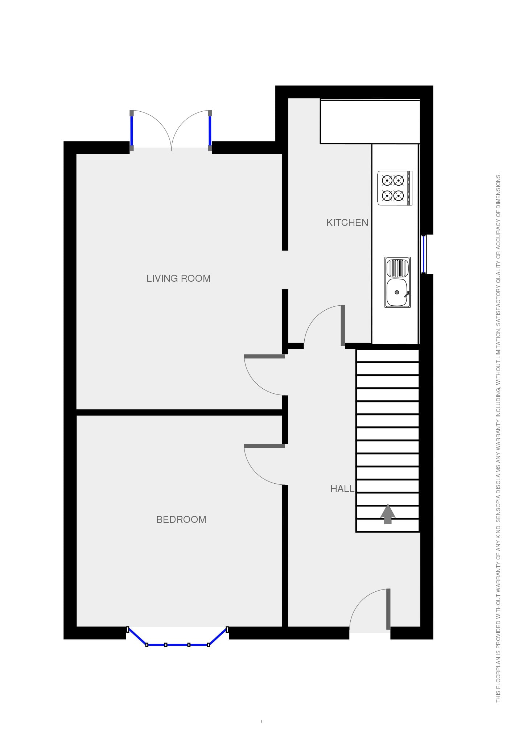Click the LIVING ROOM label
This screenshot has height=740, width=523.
pyautogui.click(x=178, y=278)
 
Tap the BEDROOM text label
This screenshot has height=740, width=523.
pyautogui.click(x=181, y=520)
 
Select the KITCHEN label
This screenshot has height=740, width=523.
pyautogui.click(x=347, y=223)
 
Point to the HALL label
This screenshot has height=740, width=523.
pyautogui.click(x=342, y=489)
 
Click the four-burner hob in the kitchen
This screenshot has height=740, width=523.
pyautogui.click(x=395, y=188)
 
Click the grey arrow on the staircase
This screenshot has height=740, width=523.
pyautogui.click(x=388, y=514)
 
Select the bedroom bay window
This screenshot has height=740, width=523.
pyautogui.click(x=177, y=645)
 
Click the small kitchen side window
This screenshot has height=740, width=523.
pyautogui.click(x=423, y=254)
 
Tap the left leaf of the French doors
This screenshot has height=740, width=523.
pyautogui.click(x=132, y=131)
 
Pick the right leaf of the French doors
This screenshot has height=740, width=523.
pyautogui.click(x=210, y=131)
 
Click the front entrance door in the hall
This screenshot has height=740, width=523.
pyautogui.click(x=388, y=609)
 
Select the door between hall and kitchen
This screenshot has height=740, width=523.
pyautogui.click(x=343, y=325)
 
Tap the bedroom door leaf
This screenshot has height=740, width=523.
pyautogui.click(x=264, y=446)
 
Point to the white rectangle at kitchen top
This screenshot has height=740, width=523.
pyautogui.click(x=370, y=122)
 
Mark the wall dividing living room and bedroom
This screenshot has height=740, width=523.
pyautogui.click(x=179, y=413)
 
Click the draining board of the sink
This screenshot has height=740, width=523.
pyautogui.click(x=398, y=268)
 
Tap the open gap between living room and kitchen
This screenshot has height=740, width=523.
pyautogui.click(x=285, y=270)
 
